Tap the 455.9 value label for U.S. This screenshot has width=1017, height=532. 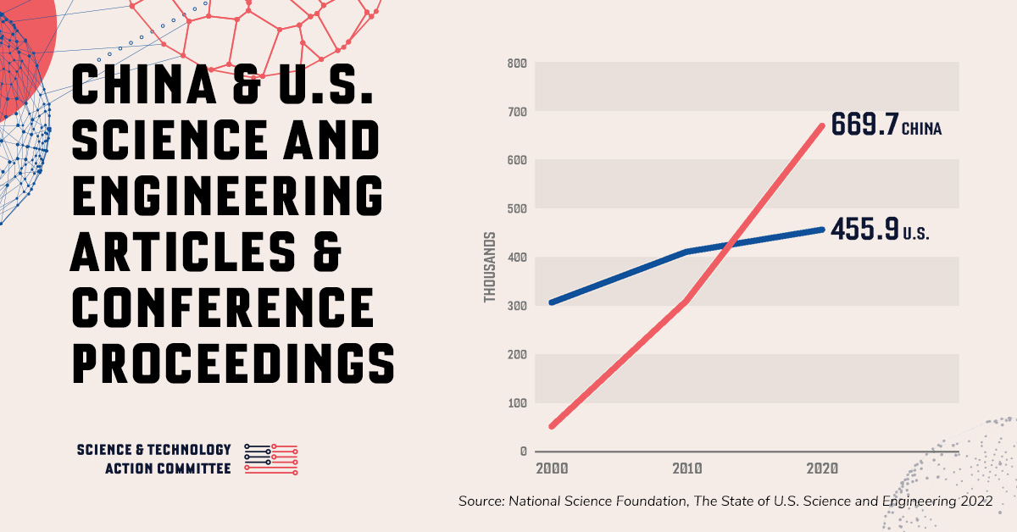click(x=864, y=230)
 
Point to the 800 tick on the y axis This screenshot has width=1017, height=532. click(x=517, y=64)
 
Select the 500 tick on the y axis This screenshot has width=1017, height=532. click(x=517, y=208)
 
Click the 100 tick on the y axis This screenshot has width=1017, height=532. click(x=517, y=402)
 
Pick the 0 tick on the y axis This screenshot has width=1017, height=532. click(x=524, y=452)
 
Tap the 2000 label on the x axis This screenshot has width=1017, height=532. click(x=551, y=468)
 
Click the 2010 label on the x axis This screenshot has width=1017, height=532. click(x=686, y=468)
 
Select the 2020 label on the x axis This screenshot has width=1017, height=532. click(x=822, y=468)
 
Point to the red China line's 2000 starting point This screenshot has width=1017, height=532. click(x=552, y=426)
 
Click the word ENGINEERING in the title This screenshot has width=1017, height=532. click(x=226, y=196)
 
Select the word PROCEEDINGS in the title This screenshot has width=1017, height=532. click(x=233, y=361)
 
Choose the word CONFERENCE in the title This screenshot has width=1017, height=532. click(x=223, y=306)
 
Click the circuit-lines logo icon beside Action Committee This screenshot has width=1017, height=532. click(x=270, y=458)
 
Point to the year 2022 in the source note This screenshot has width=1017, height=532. click(x=976, y=502)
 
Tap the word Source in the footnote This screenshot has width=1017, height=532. click(x=481, y=502)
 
